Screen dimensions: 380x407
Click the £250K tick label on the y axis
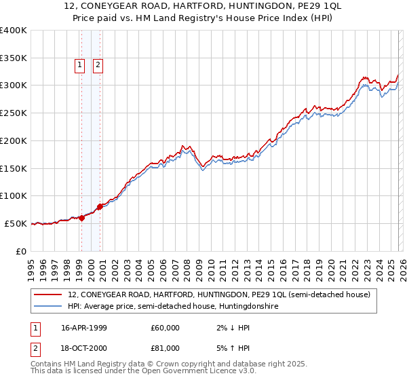pos(14,113)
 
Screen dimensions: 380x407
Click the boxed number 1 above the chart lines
pos(80,65)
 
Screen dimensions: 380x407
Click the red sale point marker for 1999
pos(82,218)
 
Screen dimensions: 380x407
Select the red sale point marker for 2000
pos(100,206)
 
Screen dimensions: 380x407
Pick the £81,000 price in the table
pos(166,347)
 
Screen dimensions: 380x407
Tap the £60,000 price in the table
pos(166,328)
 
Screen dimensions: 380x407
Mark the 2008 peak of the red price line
pos(183,145)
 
